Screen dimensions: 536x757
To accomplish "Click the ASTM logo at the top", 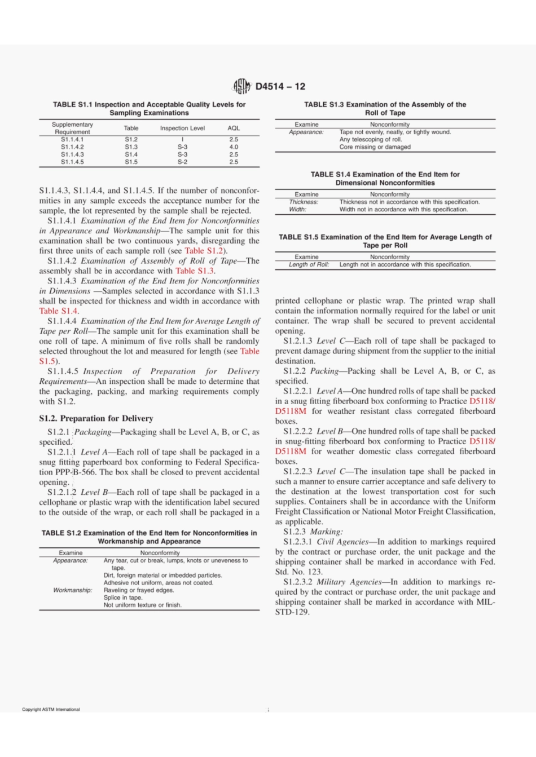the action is click(x=242, y=86).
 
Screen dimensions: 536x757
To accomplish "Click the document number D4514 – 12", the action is click(x=280, y=86).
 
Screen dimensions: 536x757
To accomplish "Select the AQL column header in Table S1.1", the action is click(x=234, y=128).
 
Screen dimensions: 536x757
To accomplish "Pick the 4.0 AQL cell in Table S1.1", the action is click(x=234, y=147).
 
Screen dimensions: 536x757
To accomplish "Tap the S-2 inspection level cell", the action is click(x=182, y=162).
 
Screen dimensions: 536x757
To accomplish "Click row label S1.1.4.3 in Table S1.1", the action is click(x=72, y=154).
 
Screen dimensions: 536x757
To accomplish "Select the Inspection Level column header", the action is click(x=182, y=128).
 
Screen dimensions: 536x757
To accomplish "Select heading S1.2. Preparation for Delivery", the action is click(x=96, y=418).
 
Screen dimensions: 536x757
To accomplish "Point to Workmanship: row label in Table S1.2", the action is click(x=73, y=590).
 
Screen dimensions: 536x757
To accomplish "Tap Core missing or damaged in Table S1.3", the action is click(x=375, y=147).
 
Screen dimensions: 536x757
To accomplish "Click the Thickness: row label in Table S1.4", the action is click(x=304, y=202).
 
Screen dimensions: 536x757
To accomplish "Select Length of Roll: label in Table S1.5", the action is click(x=309, y=264).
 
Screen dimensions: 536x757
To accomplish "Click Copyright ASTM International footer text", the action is click(x=51, y=710).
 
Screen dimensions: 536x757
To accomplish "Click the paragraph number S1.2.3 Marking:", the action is click(x=313, y=532).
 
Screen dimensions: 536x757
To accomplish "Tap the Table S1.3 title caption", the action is click(x=385, y=108).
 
